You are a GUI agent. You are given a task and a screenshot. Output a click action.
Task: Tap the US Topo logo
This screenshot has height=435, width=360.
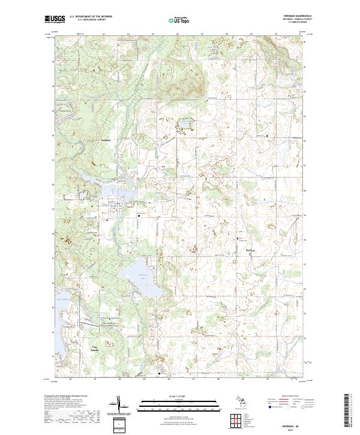180,20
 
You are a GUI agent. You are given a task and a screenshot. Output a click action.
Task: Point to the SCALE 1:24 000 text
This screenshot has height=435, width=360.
179,396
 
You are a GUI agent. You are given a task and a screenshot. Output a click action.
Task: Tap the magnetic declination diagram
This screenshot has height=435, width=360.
119,405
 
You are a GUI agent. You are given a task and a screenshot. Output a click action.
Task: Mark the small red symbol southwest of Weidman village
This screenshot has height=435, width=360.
107,220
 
